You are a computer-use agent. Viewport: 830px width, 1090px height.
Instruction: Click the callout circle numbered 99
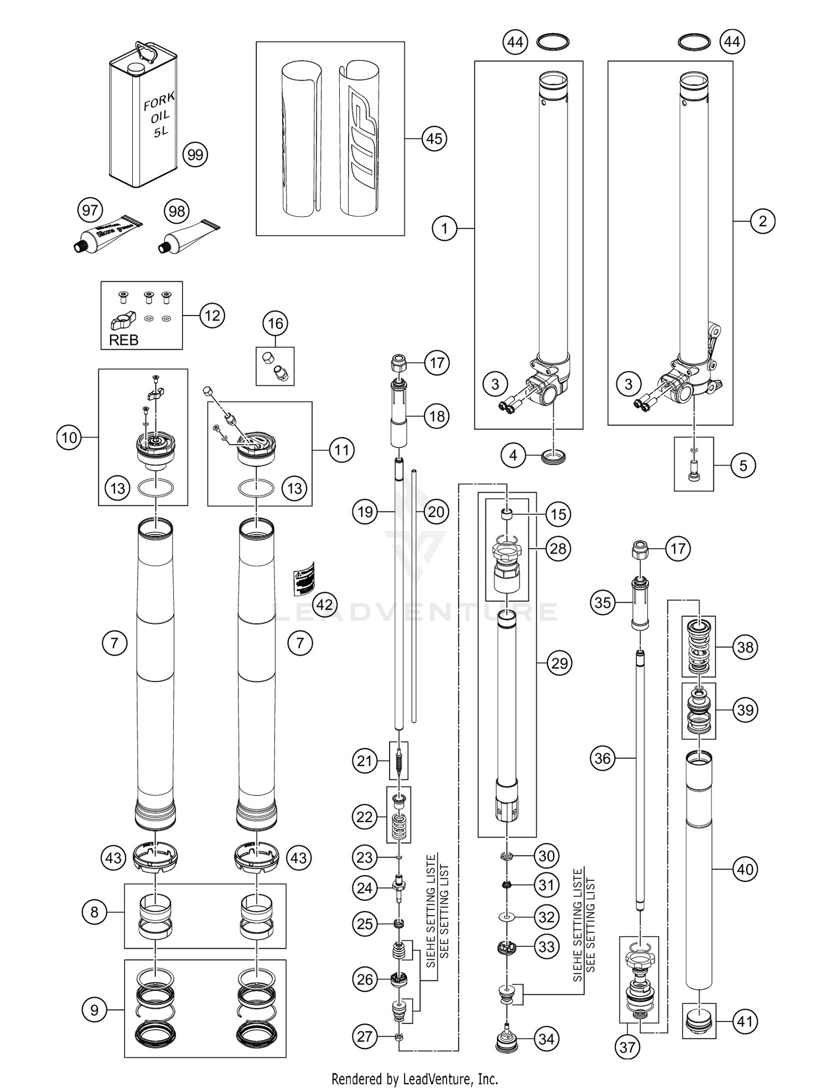(x=195, y=154)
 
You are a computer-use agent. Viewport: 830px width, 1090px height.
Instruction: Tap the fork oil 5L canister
(x=142, y=116)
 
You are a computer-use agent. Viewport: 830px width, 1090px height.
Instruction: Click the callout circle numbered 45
(x=434, y=138)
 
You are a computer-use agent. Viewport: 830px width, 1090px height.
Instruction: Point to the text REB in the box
(x=123, y=340)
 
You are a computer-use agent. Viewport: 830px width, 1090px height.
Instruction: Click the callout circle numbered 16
(x=275, y=323)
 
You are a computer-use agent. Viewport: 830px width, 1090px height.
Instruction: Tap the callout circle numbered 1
(x=444, y=228)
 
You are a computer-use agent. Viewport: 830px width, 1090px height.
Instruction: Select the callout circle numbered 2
(x=762, y=221)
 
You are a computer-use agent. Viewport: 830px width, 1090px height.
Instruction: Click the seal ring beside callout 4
(x=552, y=456)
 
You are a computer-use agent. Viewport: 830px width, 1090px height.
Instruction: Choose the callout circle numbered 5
(x=743, y=466)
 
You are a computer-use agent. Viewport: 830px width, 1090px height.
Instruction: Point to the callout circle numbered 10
(x=69, y=438)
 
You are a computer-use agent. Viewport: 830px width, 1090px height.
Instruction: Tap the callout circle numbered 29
(x=559, y=663)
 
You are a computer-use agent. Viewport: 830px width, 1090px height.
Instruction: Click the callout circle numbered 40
(x=745, y=869)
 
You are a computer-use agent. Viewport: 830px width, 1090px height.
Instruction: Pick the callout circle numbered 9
(x=94, y=1010)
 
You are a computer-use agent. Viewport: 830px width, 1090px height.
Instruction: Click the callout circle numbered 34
(x=546, y=1039)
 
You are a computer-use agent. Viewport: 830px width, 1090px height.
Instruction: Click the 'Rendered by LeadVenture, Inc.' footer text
(x=414, y=1078)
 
